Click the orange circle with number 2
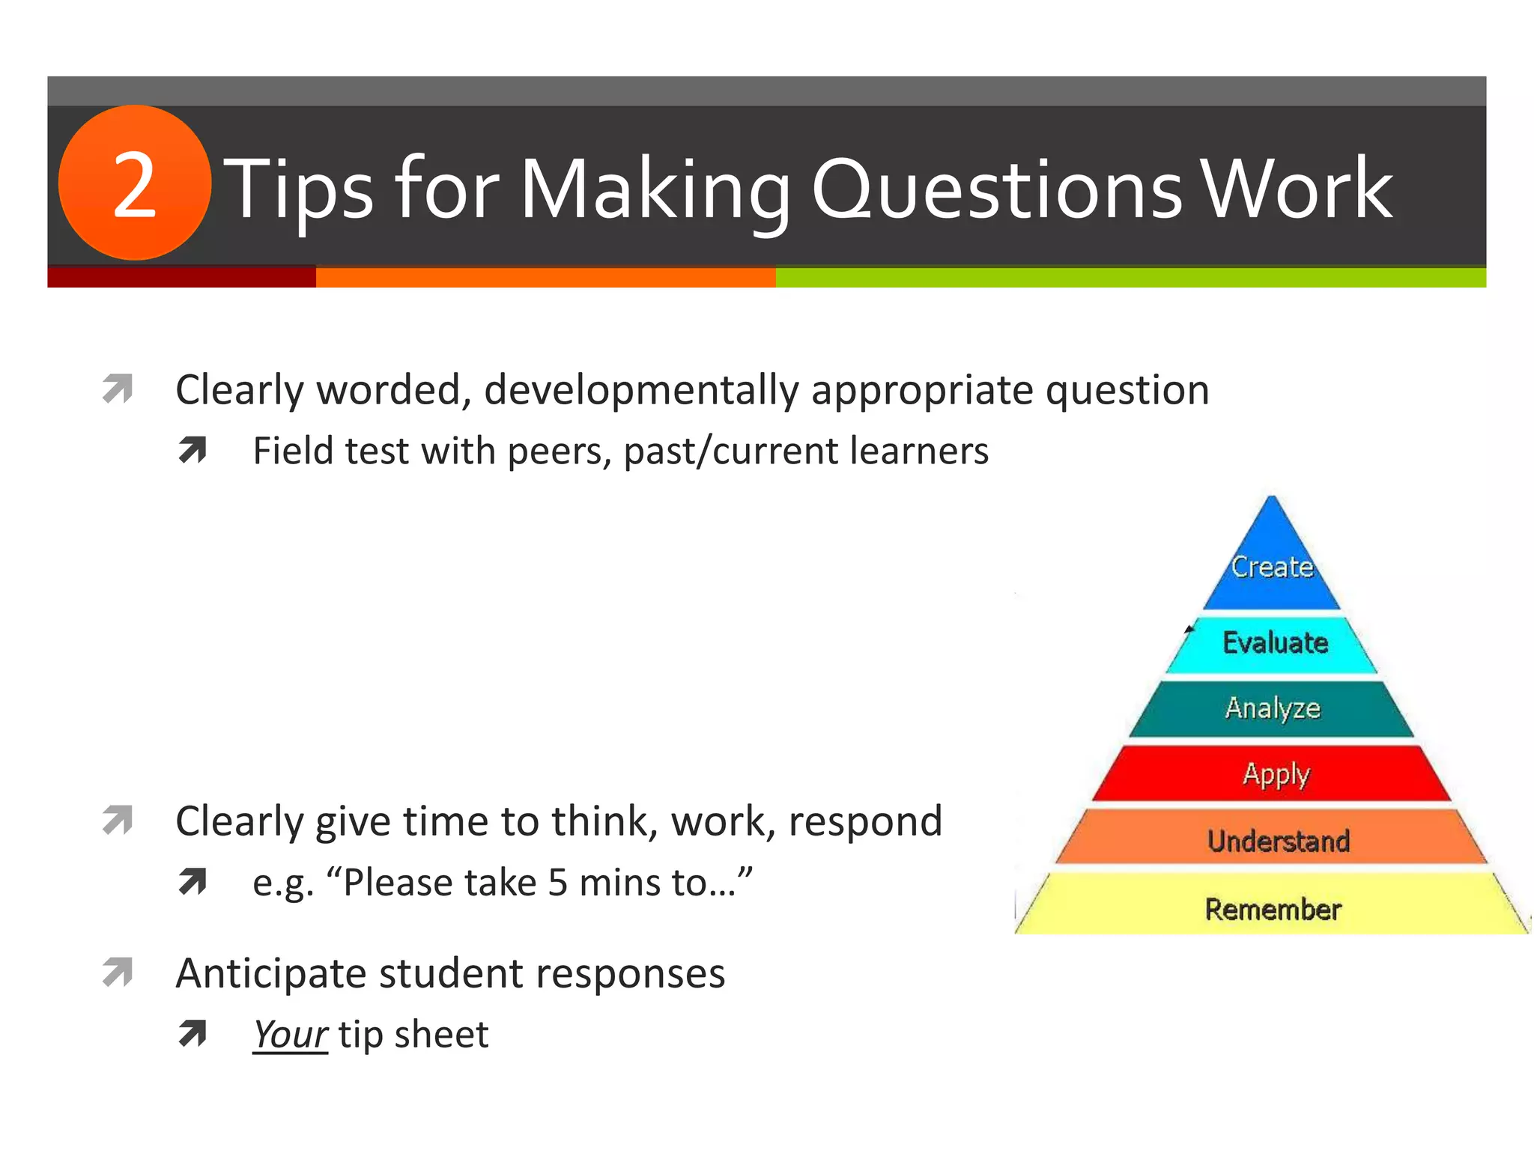135,183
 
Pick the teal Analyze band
1272,708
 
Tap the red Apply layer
1274,773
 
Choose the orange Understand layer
1277,841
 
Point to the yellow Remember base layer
1273,908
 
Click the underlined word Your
290,1035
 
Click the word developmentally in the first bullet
641,391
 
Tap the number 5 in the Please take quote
558,883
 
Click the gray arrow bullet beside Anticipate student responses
118,973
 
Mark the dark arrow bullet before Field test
192,450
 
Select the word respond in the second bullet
865,822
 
